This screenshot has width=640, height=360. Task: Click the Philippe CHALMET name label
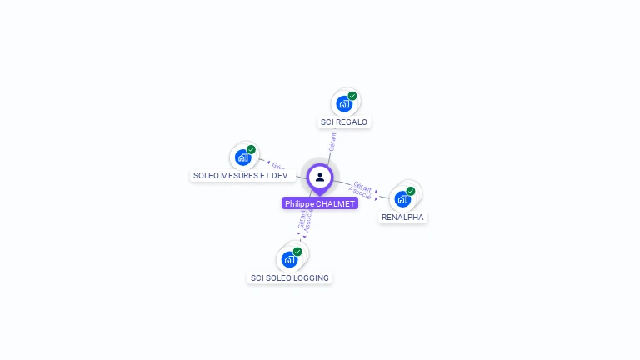point(320,203)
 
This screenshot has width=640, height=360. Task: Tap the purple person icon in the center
point(320,177)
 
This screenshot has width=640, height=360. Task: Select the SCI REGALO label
point(344,122)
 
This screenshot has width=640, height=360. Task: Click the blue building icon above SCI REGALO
point(343,104)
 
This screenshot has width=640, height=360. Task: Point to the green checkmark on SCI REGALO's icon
point(352,96)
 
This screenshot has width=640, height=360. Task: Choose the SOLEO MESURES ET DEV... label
point(242,176)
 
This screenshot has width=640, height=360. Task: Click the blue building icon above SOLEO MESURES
point(242,157)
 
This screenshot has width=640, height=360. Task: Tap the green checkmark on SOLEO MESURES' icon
point(251,149)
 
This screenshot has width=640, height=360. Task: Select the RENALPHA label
point(402,217)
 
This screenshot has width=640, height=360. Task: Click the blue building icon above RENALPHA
point(402,198)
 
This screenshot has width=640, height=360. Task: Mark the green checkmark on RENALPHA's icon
point(411,191)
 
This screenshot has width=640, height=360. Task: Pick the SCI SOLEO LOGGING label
point(290,278)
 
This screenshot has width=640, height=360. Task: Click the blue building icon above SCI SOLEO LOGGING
point(289,259)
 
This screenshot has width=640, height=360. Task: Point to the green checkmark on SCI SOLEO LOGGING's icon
point(297,252)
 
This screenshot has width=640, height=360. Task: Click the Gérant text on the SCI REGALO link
point(332,142)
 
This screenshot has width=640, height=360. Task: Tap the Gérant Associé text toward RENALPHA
point(362,190)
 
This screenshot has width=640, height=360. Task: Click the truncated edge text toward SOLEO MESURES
point(278,166)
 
